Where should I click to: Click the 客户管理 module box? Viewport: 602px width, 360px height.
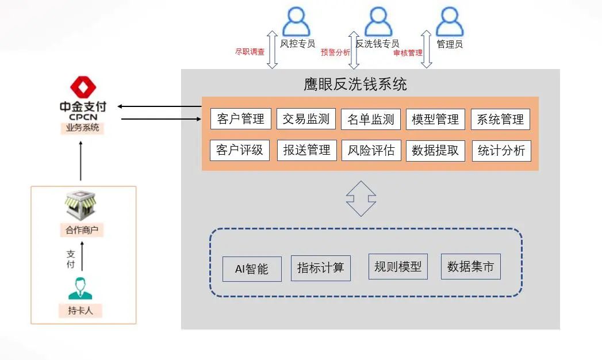(240, 119)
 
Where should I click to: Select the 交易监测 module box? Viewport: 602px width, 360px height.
(306, 119)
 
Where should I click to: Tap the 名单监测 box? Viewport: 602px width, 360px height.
(371, 119)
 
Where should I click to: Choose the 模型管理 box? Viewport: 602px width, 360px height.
(435, 119)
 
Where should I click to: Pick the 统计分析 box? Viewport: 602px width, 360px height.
(501, 151)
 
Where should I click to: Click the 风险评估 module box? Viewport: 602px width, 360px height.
(371, 150)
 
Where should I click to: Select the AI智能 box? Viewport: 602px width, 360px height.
(252, 269)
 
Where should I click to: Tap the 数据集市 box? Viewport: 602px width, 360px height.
(470, 267)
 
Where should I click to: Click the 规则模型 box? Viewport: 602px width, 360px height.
(398, 266)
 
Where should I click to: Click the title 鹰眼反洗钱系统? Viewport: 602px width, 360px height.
(355, 85)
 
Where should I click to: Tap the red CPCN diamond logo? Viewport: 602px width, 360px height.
(83, 88)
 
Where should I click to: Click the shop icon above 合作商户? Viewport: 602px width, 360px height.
(80, 207)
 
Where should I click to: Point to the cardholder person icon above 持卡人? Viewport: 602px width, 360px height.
(80, 289)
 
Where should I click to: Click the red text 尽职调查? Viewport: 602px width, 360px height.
(250, 52)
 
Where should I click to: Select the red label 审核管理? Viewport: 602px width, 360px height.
(408, 52)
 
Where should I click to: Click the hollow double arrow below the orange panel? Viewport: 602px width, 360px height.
(361, 198)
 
